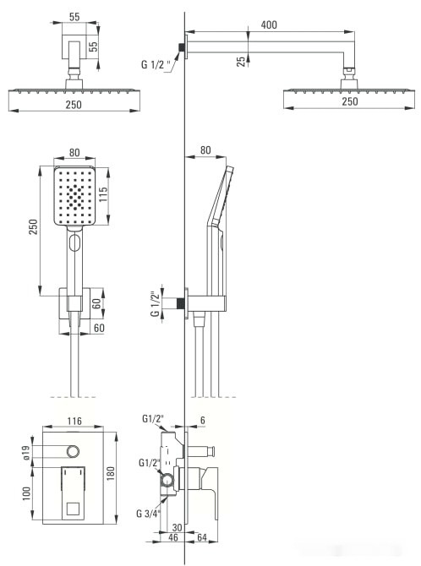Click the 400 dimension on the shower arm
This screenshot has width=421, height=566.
click(x=269, y=24)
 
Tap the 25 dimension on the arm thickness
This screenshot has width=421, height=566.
click(x=241, y=61)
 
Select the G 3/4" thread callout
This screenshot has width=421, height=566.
click(x=148, y=514)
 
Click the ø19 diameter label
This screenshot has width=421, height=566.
click(x=27, y=452)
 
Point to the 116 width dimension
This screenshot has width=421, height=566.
click(x=74, y=421)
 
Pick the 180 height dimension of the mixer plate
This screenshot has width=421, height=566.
click(x=111, y=473)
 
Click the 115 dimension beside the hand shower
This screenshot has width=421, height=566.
click(x=103, y=194)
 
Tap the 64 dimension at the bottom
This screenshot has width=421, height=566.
click(x=202, y=537)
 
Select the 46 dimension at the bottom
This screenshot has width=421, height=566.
click(x=173, y=537)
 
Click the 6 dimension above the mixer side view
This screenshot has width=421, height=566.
click(x=203, y=420)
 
